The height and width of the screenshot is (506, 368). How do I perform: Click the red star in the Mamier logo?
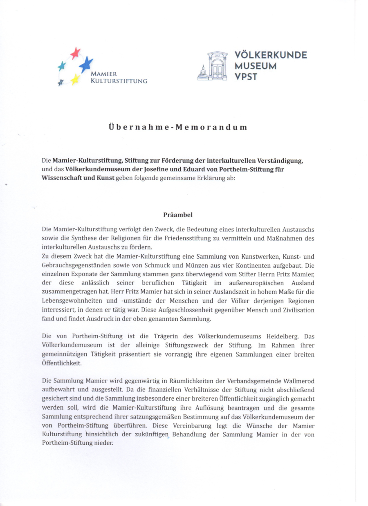(75, 53)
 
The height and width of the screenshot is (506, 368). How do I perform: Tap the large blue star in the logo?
(86, 64)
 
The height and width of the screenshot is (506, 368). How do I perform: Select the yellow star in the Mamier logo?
(75, 79)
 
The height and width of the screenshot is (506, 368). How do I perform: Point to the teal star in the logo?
(62, 66)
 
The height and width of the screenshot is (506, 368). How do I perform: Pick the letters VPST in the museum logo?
(246, 76)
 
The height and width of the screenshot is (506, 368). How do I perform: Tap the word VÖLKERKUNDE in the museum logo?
(271, 55)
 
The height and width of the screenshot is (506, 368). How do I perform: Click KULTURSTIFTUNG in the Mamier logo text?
(119, 81)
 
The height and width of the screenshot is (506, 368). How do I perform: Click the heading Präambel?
(178, 215)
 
